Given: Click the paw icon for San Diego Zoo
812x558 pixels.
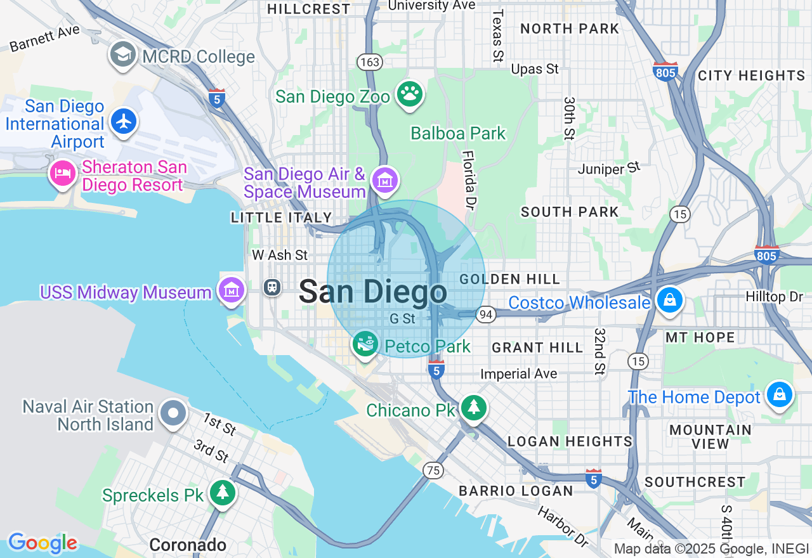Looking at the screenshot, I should click(410, 94).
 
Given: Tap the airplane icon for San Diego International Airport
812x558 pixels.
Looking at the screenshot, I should click(123, 120).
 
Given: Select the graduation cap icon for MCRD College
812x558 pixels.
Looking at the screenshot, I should click(123, 55).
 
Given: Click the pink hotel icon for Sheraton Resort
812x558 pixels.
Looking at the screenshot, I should click(63, 173).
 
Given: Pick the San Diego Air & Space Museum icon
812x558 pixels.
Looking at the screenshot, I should click(385, 180).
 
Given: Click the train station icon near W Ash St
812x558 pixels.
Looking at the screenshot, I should click(272, 287).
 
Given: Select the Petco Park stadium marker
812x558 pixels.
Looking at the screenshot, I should click(365, 344).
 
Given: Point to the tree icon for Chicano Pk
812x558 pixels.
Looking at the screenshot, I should click(473, 408).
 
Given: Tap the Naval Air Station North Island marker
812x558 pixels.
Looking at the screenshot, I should click(173, 413).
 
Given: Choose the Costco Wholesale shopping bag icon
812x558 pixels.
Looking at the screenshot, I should click(669, 301).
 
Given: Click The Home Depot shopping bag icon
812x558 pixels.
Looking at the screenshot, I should click(780, 395).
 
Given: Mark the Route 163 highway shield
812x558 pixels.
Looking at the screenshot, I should click(369, 62).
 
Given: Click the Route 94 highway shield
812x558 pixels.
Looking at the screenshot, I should click(486, 315).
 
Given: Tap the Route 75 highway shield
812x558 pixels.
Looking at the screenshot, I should click(433, 470).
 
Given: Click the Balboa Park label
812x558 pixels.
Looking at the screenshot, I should click(458, 133).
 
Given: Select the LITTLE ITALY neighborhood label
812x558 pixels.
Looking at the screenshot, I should click(282, 217).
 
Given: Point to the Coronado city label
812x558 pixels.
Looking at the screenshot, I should click(188, 545).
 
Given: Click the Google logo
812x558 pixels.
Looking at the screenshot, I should click(43, 543).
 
